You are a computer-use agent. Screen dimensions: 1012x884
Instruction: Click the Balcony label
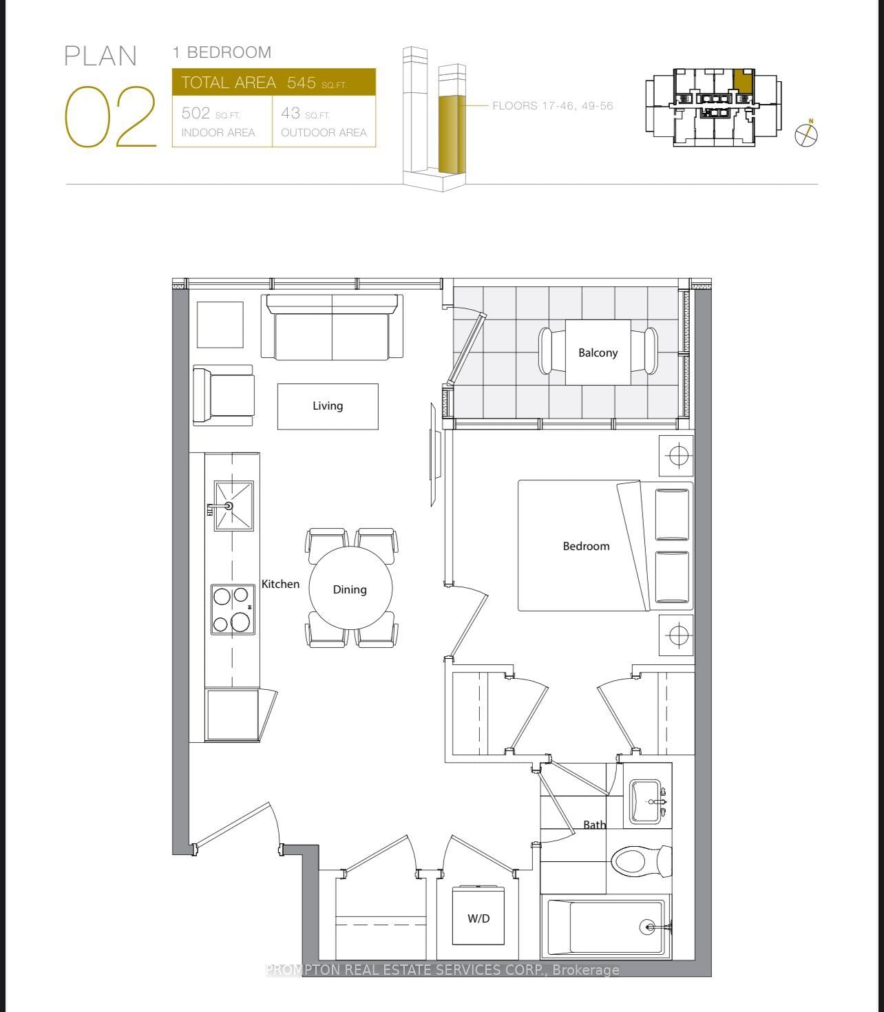click(598, 352)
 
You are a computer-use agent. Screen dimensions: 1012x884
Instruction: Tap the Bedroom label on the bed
click(586, 546)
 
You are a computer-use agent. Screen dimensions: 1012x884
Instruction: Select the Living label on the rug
click(328, 406)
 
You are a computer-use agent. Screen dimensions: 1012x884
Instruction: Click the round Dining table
click(350, 589)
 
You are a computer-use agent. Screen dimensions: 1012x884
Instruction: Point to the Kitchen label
click(280, 584)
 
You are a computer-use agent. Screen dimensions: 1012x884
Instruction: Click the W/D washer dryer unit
click(478, 918)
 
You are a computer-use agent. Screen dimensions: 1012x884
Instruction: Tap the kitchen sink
click(233, 506)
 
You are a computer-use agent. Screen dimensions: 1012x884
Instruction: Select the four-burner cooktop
click(232, 609)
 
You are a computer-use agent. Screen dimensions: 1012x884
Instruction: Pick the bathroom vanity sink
click(646, 802)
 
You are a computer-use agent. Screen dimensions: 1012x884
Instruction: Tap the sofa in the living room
click(332, 328)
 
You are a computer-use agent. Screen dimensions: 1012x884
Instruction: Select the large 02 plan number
click(110, 117)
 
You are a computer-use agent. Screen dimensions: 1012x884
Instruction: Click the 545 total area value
click(301, 83)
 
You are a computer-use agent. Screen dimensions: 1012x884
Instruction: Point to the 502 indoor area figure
click(196, 114)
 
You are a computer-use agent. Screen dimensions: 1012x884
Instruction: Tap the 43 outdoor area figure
click(291, 114)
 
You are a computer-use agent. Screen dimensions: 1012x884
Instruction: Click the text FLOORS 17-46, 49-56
click(552, 106)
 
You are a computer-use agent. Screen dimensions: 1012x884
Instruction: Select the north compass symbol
click(806, 134)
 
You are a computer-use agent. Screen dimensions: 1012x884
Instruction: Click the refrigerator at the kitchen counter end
click(233, 715)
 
